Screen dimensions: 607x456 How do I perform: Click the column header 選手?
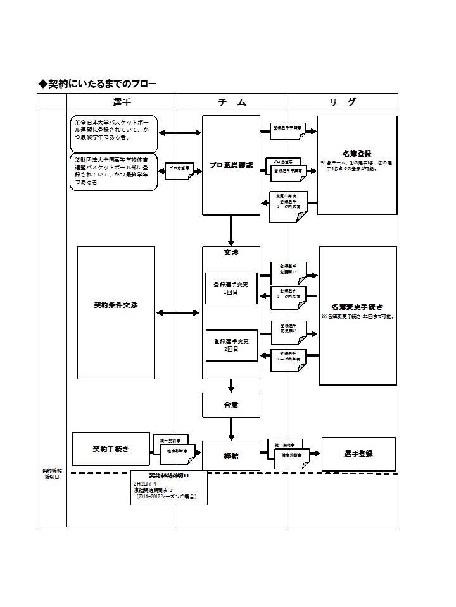click(122, 102)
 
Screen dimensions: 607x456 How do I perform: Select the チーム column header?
click(232, 102)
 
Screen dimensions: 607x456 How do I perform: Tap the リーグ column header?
click(343, 102)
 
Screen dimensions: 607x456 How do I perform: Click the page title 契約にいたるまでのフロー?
click(98, 83)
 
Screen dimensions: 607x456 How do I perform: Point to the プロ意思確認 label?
click(231, 165)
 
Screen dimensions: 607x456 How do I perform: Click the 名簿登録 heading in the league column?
click(357, 153)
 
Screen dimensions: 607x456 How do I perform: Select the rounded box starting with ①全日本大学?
click(113, 132)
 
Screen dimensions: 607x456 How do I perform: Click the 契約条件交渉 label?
click(116, 305)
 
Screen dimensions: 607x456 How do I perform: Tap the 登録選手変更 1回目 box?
click(231, 288)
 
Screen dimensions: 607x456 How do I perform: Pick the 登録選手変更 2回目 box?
click(231, 345)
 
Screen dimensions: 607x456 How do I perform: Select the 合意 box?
click(231, 405)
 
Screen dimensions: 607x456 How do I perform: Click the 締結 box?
click(231, 455)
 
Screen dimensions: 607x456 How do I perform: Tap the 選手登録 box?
click(358, 453)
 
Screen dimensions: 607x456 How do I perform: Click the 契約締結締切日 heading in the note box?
click(168, 475)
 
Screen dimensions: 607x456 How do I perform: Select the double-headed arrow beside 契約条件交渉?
click(178, 312)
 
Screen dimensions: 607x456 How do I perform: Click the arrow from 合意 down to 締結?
click(231, 429)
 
